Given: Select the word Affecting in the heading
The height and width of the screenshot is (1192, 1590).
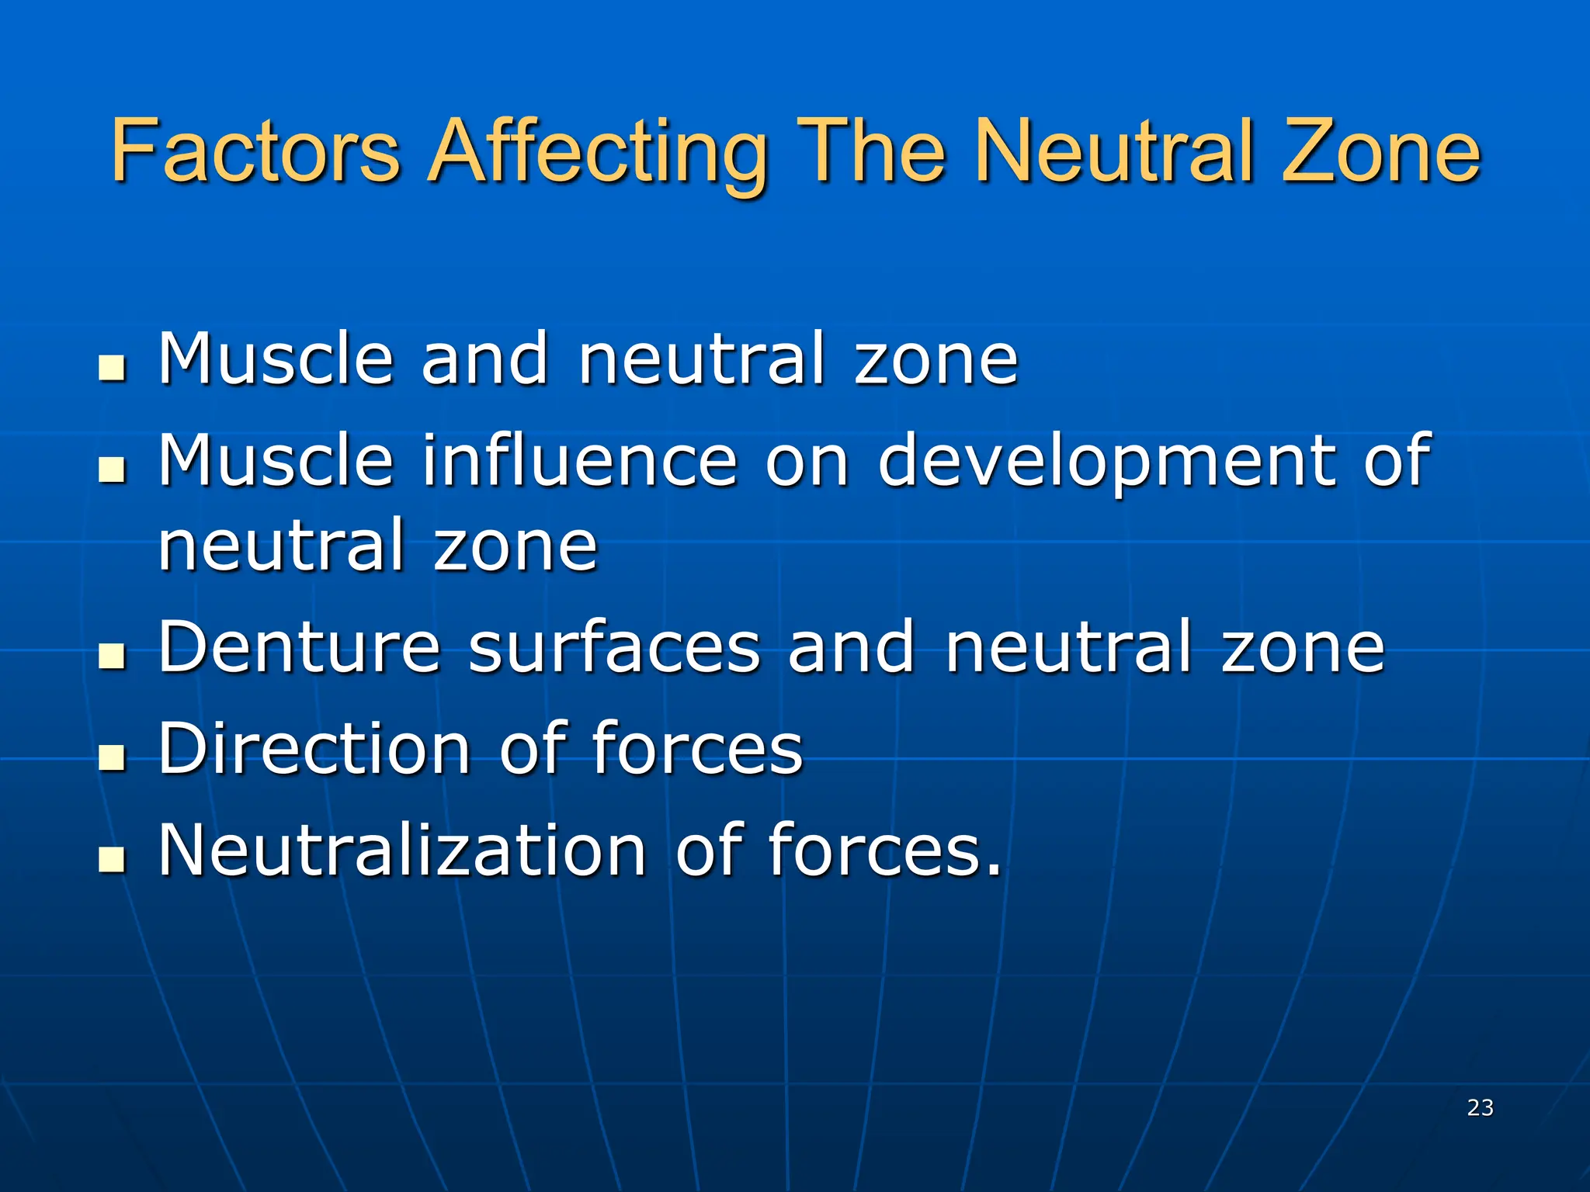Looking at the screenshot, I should (x=598, y=154).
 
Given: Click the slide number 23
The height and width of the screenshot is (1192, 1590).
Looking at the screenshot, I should (x=1480, y=1107).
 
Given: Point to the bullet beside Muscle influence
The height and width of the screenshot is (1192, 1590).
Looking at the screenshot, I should (x=113, y=469).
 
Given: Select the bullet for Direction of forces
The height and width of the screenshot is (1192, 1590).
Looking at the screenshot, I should (x=113, y=757).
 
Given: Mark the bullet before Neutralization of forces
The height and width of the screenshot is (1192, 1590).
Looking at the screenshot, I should (x=113, y=858).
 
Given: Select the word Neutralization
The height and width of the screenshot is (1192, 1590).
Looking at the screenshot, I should (x=402, y=849).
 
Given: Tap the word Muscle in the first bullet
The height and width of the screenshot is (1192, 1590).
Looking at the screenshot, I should (x=276, y=359).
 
